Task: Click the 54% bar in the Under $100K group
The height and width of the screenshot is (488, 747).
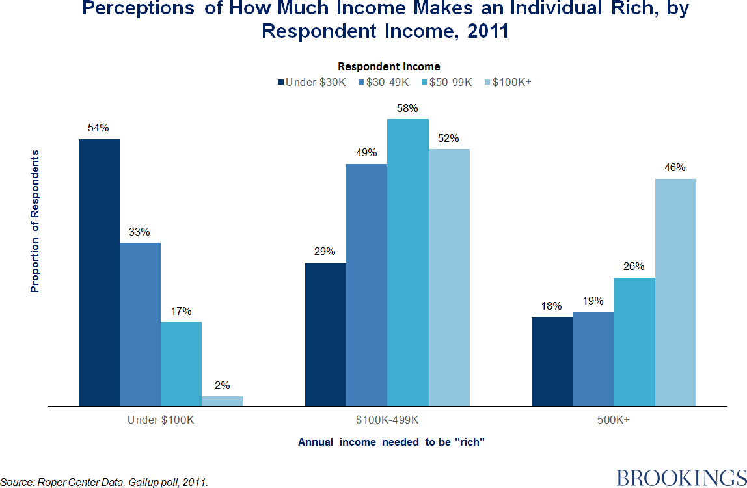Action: (x=99, y=273)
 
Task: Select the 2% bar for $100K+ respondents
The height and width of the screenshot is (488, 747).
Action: (x=223, y=401)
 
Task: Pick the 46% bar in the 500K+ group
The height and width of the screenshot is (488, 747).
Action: (x=675, y=292)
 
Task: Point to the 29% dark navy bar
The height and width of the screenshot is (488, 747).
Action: (x=325, y=334)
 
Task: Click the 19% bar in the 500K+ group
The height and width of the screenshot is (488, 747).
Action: (x=593, y=359)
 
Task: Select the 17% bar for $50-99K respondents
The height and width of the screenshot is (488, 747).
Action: (x=181, y=364)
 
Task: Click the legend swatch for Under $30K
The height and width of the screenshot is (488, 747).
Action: (x=281, y=82)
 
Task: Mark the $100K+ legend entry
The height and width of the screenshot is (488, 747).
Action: (x=508, y=82)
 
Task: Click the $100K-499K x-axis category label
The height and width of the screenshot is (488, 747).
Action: (x=387, y=420)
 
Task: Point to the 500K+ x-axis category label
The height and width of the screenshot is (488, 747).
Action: (x=614, y=420)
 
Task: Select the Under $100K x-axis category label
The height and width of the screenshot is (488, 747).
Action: (x=161, y=420)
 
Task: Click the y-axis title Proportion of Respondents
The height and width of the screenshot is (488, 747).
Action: (x=35, y=221)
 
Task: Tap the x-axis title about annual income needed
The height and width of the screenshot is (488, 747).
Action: (x=392, y=442)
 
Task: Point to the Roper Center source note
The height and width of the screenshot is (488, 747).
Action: (x=104, y=482)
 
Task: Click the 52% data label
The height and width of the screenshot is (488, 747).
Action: (x=448, y=138)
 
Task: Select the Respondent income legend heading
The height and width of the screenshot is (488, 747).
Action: (x=389, y=66)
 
